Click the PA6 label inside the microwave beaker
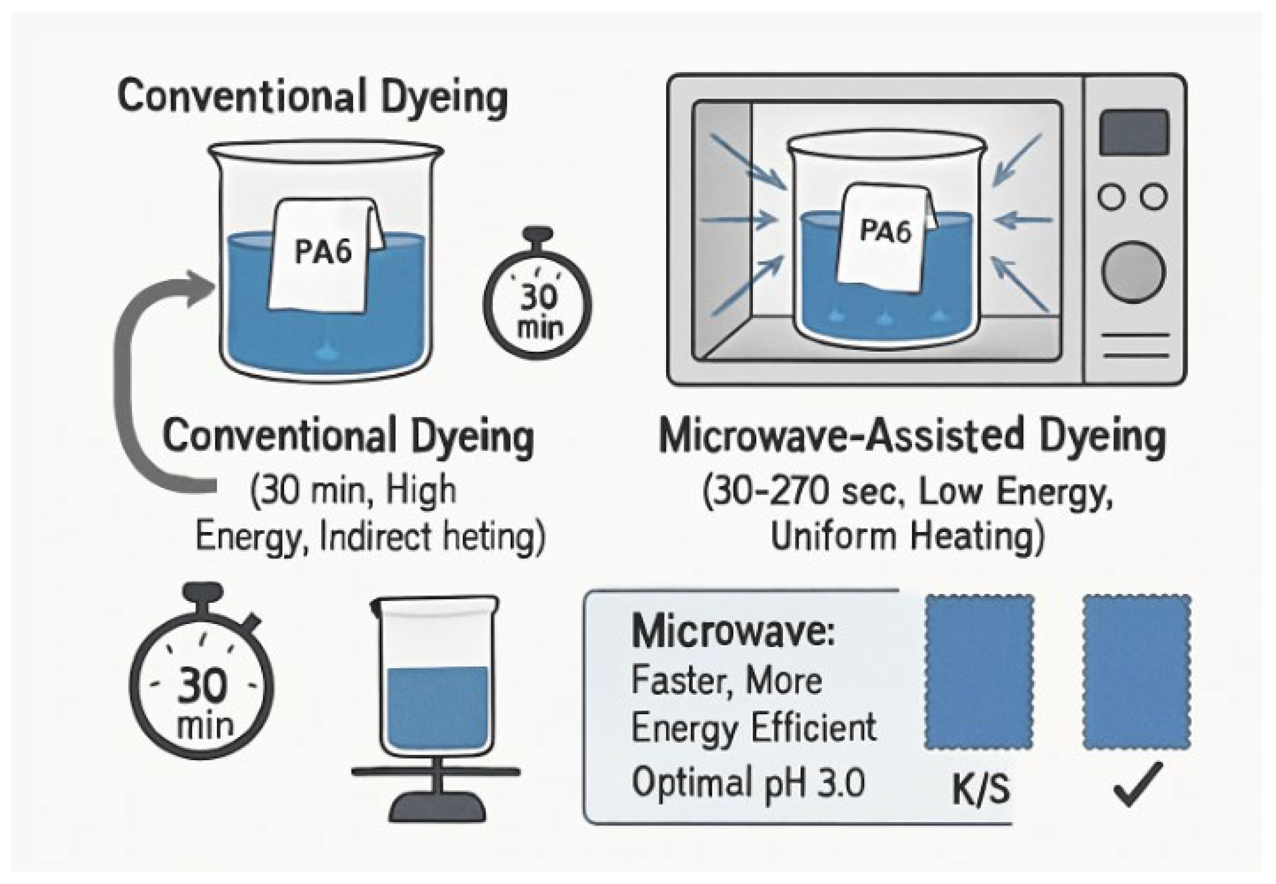click(x=885, y=230)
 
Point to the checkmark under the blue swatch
click(x=1136, y=784)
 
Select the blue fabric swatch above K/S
click(x=979, y=672)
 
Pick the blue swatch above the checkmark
click(x=1136, y=672)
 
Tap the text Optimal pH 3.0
click(x=748, y=782)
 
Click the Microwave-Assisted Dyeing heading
click(x=912, y=437)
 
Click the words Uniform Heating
click(x=907, y=536)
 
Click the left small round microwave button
click(x=1111, y=197)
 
